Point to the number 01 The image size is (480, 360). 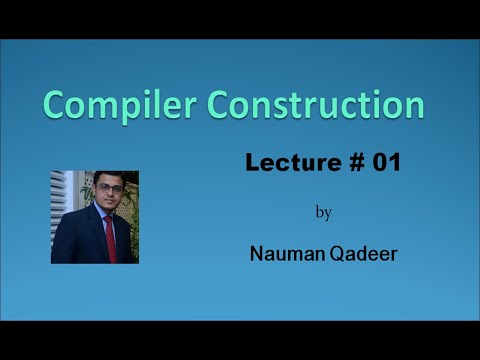[x=386, y=163]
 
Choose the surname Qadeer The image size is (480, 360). [x=363, y=254]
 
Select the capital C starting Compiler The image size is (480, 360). [x=54, y=105]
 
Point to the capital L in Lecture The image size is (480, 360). [x=252, y=163]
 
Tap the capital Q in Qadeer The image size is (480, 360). [x=335, y=254]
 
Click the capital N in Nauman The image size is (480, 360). [x=256, y=254]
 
